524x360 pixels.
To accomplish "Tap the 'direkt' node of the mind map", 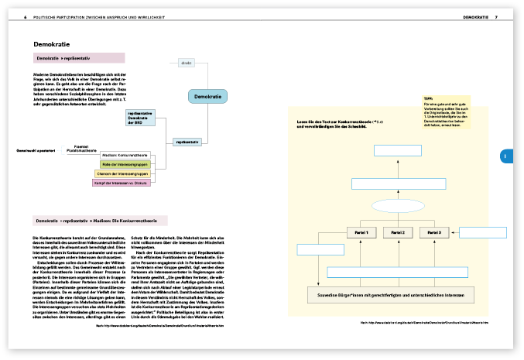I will [185, 63].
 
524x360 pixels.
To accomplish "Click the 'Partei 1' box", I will [361, 232].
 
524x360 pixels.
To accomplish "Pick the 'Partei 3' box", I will [434, 232].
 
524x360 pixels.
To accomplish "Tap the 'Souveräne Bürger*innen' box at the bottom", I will [398, 295].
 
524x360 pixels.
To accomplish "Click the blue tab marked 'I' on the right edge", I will [505, 156].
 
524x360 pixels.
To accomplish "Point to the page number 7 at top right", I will [496, 16].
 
